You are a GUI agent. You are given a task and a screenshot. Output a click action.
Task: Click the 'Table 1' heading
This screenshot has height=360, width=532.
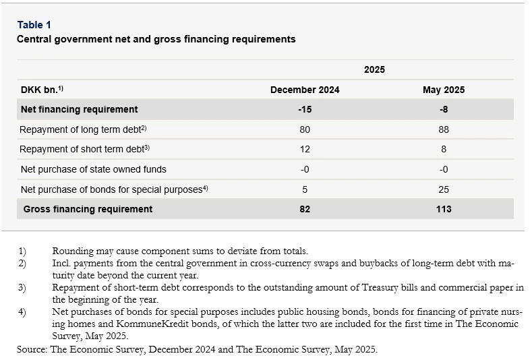[x=34, y=26]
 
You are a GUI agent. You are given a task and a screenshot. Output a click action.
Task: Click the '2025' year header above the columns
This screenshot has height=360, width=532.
[x=374, y=69]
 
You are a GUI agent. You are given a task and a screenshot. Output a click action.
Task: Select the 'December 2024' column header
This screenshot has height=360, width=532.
[x=305, y=90]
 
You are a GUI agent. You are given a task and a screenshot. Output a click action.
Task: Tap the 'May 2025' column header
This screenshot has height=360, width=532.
[x=443, y=90]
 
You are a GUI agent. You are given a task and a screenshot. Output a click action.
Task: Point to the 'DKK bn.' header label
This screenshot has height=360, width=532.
[x=41, y=90]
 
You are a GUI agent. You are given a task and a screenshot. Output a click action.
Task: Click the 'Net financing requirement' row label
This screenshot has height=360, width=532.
[x=79, y=109]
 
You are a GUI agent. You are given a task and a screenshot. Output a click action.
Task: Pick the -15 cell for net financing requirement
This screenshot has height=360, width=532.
[x=305, y=109]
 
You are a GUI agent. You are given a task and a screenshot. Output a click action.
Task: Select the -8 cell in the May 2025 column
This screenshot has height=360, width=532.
[x=443, y=109]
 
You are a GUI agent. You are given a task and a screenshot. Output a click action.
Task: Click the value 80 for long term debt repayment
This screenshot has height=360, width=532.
[x=305, y=129]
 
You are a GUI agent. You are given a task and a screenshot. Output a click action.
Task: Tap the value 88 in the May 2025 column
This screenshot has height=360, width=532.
[x=443, y=129]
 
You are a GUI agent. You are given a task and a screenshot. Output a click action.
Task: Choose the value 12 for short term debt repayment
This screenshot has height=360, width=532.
[x=305, y=149]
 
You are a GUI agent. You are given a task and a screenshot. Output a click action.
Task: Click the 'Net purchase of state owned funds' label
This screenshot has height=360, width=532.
[x=93, y=169]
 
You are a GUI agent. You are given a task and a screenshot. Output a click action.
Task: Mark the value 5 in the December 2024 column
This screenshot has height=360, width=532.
[x=305, y=189]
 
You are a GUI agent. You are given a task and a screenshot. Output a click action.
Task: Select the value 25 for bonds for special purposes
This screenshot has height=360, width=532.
[x=443, y=189]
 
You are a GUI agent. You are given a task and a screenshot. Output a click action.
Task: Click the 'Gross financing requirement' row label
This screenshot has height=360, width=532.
[x=88, y=209]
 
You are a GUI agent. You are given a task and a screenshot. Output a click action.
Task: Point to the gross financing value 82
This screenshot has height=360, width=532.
[x=305, y=209]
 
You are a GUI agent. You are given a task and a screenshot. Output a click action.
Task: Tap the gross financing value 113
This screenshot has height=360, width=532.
[x=443, y=209]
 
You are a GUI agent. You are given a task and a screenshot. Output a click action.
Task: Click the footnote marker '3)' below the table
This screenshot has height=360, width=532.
[x=22, y=288]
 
